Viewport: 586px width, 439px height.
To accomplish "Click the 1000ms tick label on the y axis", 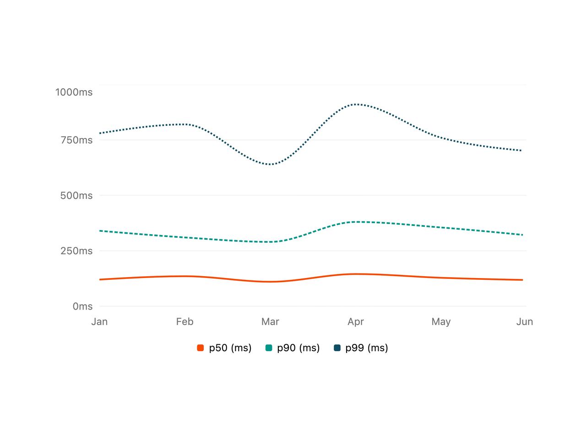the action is (74, 92).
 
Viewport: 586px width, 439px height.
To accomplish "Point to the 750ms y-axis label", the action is (76, 140).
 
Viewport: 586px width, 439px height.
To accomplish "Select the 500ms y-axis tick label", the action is (76, 195).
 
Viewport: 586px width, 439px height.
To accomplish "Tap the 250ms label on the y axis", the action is (76, 251).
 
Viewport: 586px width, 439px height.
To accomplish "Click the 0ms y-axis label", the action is (82, 306).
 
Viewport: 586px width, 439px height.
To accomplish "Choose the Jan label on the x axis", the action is (99, 322).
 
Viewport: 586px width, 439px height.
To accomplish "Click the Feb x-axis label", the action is (185, 322).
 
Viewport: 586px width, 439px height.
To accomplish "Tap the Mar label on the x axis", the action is (270, 322).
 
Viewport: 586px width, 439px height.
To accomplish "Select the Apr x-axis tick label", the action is (356, 322).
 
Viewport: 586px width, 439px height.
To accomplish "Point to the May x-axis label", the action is (441, 322).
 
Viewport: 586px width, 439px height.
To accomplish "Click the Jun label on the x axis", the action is (525, 322).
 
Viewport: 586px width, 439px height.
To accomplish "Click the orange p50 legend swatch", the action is (200, 348).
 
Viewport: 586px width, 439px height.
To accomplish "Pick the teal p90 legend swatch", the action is (269, 348).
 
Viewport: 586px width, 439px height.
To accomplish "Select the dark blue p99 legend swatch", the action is (337, 348).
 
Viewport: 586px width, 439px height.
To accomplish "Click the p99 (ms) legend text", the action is (367, 348).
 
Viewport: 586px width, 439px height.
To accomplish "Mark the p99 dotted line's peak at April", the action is (356, 104).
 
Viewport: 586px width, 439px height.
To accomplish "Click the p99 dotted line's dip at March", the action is (270, 164).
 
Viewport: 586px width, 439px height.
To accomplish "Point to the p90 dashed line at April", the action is (356, 222).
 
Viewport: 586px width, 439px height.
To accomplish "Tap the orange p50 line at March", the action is (270, 282).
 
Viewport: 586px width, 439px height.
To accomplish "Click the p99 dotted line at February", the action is (185, 124).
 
